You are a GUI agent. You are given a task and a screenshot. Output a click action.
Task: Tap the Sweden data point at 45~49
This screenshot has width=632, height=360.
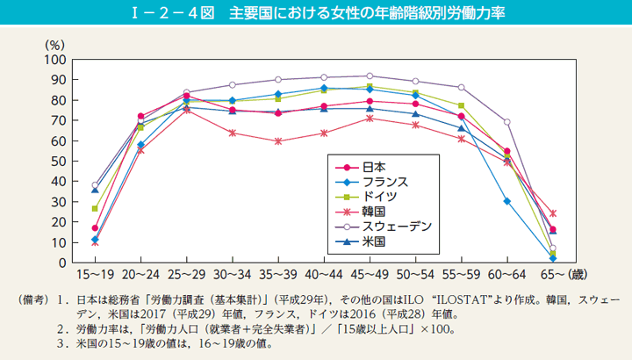[369, 76]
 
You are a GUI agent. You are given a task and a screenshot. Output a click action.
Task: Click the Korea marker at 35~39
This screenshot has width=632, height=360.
[277, 141]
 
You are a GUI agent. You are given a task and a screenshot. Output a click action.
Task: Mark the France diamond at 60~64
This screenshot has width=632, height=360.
[506, 201]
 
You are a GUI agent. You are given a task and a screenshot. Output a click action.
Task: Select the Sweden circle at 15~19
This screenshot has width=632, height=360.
[95, 185]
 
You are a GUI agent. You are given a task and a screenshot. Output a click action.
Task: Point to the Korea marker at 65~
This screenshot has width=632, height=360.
[551, 213]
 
